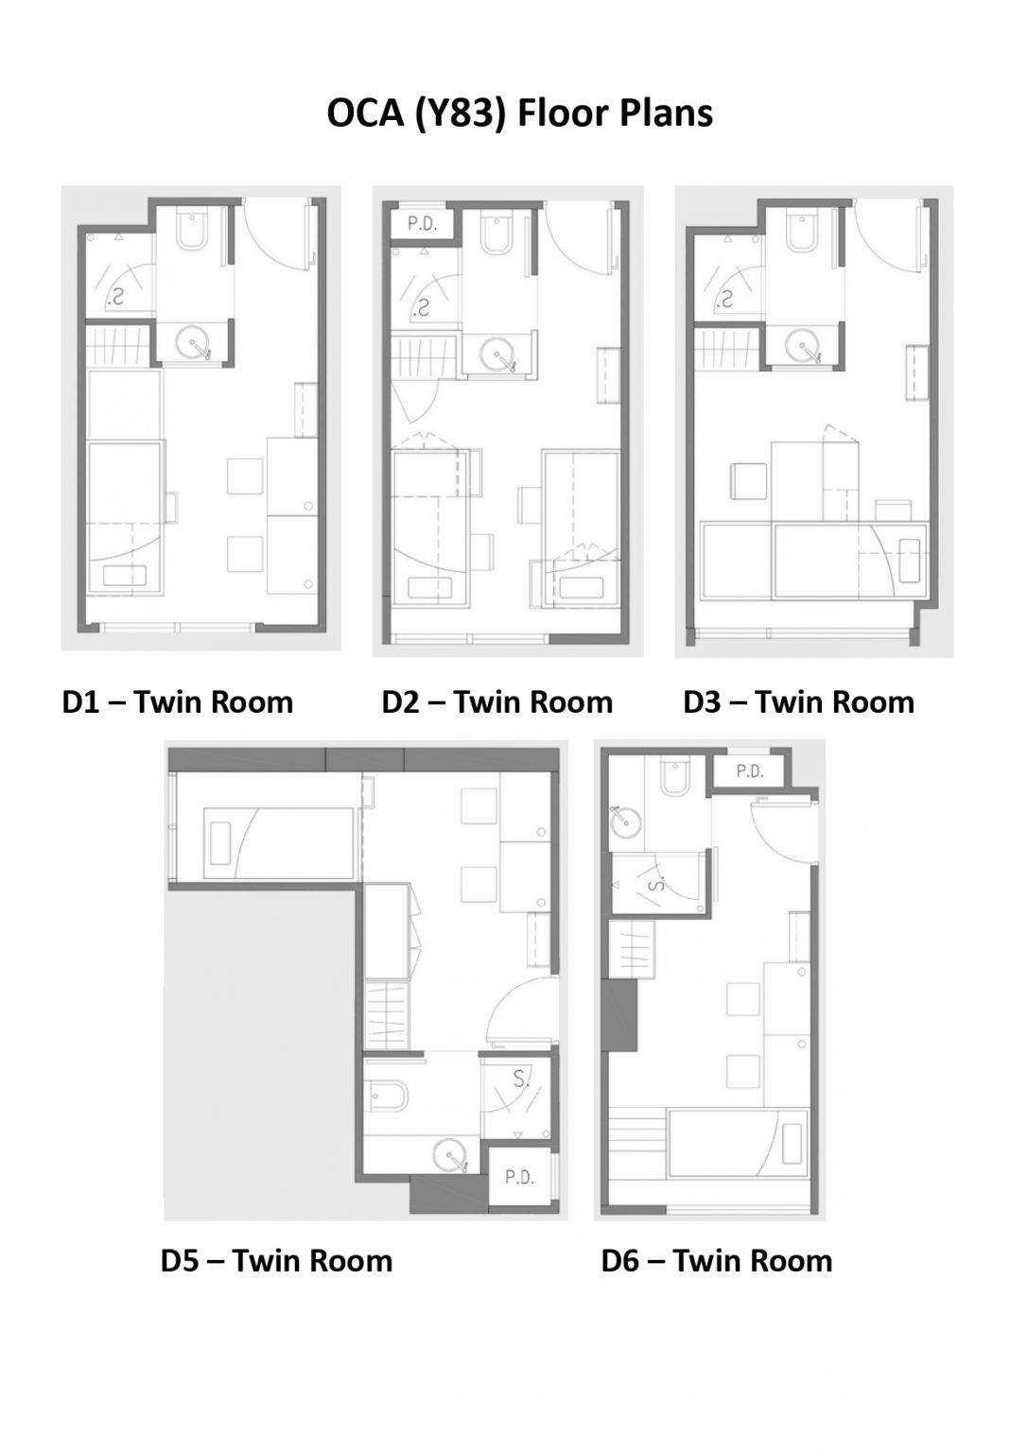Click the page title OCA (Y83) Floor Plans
pyautogui.click(x=519, y=113)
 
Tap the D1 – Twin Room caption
pyautogui.click(x=177, y=702)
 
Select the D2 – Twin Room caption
pyautogui.click(x=497, y=702)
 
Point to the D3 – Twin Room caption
pyautogui.click(x=798, y=702)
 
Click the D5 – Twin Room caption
pyautogui.click(x=276, y=1260)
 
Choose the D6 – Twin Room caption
pyautogui.click(x=716, y=1260)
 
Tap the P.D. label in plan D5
pyautogui.click(x=519, y=1178)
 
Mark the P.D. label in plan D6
pyautogui.click(x=750, y=771)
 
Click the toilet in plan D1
pyautogui.click(x=192, y=233)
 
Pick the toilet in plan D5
pyautogui.click(x=391, y=1096)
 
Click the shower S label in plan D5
pyautogui.click(x=520, y=1079)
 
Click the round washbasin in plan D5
pyautogui.click(x=450, y=1154)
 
